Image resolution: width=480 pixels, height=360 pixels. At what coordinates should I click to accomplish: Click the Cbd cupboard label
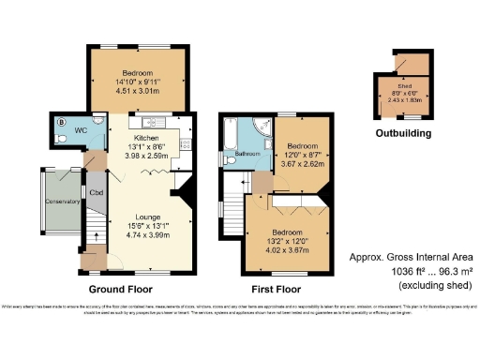(x=96, y=193)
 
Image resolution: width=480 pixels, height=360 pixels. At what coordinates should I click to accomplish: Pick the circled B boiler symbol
(x=62, y=121)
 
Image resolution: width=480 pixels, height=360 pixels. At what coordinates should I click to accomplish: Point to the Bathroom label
(x=247, y=154)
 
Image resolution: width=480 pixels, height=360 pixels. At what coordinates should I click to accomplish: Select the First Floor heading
(x=274, y=289)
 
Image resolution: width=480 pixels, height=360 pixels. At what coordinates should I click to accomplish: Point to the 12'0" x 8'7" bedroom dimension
(x=302, y=156)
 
